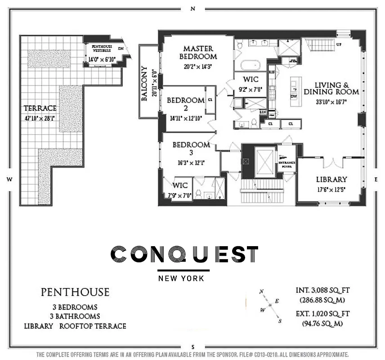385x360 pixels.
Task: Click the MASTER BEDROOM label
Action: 198,52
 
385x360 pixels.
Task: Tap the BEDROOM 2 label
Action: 186,104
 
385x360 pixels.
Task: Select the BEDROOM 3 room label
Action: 192,149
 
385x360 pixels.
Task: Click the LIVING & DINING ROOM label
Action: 337,88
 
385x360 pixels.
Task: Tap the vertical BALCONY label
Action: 145,84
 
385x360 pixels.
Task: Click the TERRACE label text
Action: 40,108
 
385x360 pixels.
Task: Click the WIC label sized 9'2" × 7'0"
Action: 250,79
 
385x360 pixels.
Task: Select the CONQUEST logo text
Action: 184,254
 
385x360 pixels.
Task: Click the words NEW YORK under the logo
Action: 181,278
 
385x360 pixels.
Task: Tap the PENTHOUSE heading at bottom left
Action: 75,292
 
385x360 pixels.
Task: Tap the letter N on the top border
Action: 192,9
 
